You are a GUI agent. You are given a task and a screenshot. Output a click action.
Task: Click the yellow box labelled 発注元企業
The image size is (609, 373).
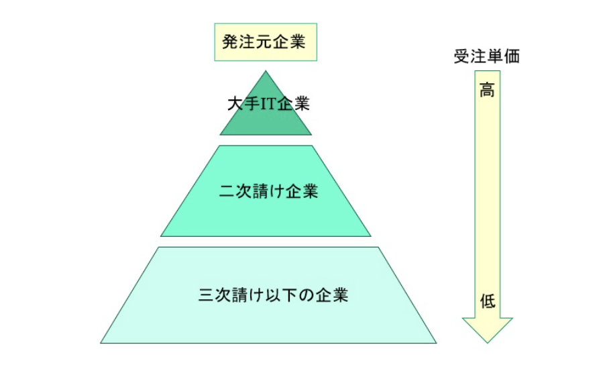pos(264,42)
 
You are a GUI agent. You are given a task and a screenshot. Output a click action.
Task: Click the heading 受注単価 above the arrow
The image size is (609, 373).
pos(486,57)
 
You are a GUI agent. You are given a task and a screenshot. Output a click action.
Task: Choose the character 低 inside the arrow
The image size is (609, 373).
pos(488,301)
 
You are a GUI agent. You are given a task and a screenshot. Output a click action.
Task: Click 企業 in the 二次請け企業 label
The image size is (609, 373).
pos(301,191)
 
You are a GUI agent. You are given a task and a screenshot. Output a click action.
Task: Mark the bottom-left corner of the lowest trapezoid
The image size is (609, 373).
pos(102,342)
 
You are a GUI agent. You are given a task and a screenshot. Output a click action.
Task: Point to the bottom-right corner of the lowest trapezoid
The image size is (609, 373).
pos(436,342)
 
